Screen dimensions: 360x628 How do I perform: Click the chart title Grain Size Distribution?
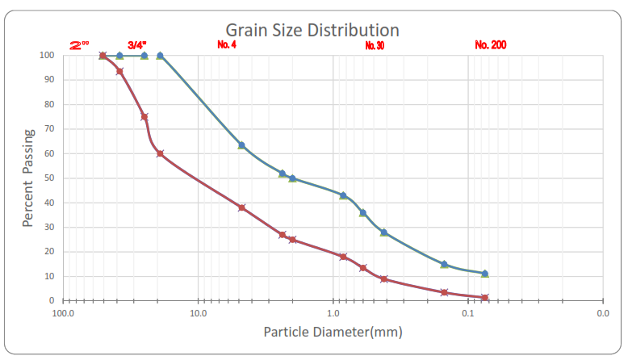pos(312,30)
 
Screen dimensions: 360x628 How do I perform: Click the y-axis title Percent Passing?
pos(28,178)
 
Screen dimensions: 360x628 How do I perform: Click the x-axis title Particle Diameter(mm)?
pos(333,332)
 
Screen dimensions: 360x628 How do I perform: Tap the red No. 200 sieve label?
pos(491,45)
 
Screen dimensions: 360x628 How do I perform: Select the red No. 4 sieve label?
pos(227,44)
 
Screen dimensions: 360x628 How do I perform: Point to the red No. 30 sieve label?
pos(375,45)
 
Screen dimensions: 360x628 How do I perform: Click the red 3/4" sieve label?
pos(137,45)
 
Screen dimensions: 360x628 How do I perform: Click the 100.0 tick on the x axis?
pos(63,312)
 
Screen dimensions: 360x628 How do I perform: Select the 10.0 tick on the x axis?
pos(198,312)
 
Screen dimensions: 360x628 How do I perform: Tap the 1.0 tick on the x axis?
pos(333,312)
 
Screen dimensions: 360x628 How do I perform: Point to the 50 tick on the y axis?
pos(48,178)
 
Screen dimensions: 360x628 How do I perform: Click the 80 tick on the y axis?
pos(48,104)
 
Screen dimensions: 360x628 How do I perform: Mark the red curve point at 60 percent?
pos(160,153)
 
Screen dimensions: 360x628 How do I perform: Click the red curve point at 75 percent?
pos(144,117)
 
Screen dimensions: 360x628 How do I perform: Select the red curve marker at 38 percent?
pos(241,207)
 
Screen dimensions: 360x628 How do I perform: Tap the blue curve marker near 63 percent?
pos(241,145)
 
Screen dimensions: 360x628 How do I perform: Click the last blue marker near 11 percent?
pos(484,274)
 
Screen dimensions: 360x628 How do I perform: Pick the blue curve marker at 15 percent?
pos(444,264)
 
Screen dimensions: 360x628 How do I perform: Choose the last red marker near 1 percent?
pos(484,298)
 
